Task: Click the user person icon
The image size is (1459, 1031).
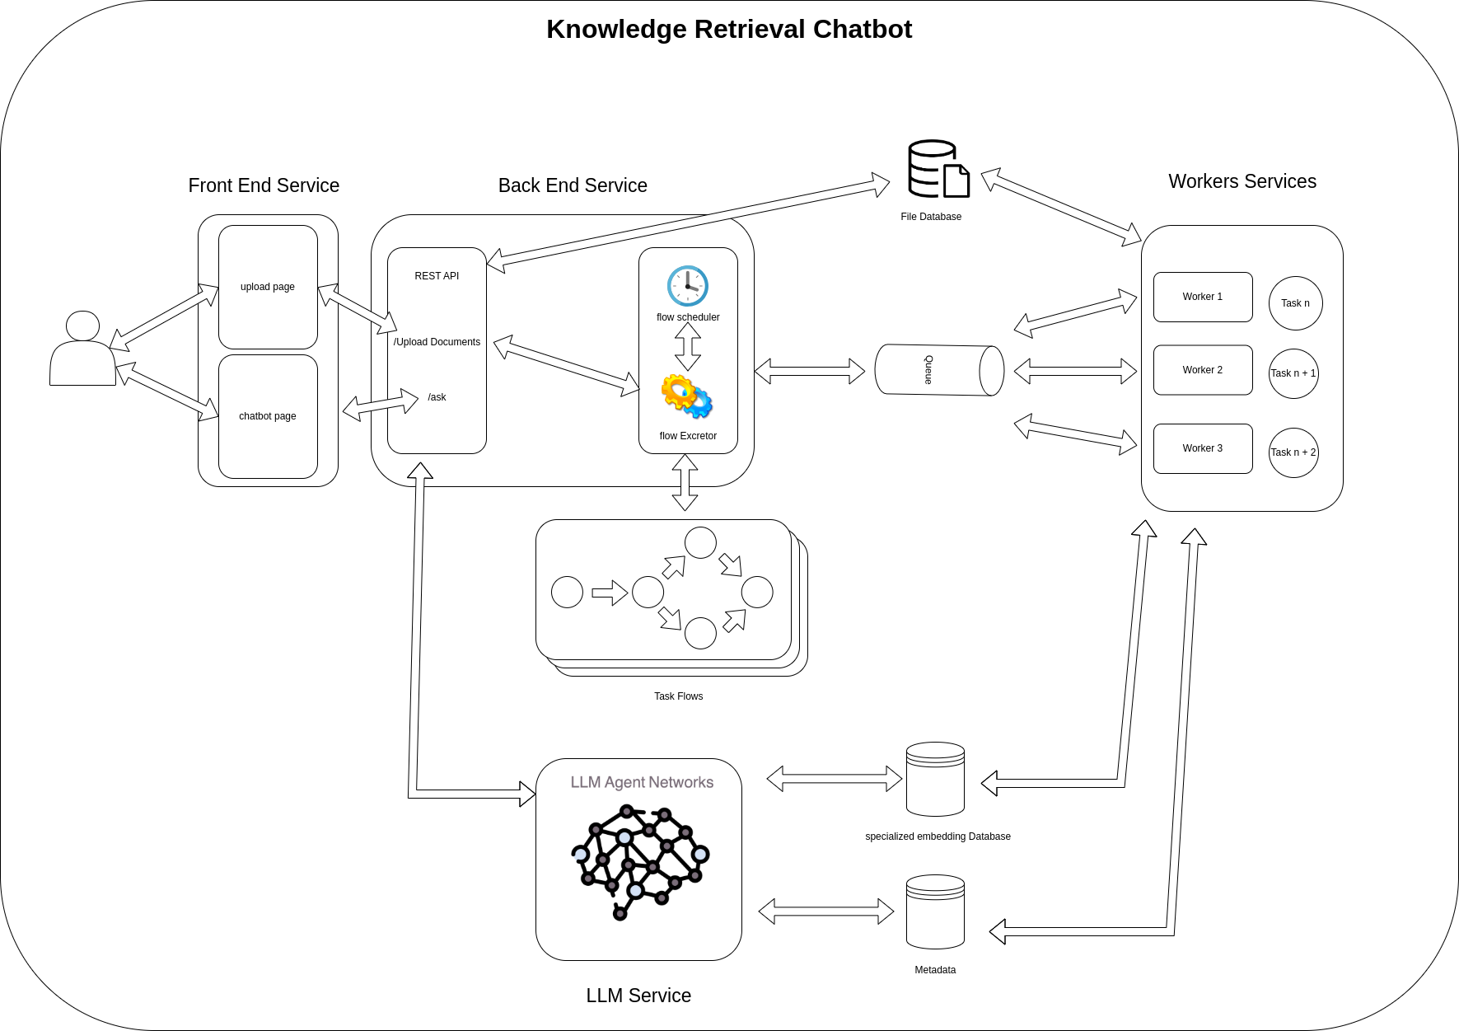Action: click(x=82, y=349)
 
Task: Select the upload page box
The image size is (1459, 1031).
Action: click(x=268, y=287)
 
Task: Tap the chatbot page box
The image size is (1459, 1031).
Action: click(x=268, y=416)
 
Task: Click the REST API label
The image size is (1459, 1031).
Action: click(x=437, y=276)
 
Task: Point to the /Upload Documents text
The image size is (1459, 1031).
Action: click(x=437, y=342)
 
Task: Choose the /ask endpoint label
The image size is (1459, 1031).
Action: click(x=437, y=397)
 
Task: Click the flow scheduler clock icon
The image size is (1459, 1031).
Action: click(x=688, y=286)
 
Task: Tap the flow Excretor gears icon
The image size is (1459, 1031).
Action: click(x=687, y=396)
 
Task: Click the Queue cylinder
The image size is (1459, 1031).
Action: click(x=939, y=370)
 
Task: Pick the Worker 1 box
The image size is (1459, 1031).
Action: click(x=1203, y=297)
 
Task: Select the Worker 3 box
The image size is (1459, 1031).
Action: click(x=1203, y=448)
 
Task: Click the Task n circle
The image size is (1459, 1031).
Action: click(x=1295, y=303)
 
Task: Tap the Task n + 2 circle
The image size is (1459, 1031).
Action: click(x=1293, y=452)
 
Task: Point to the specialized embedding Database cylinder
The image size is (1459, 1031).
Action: click(x=935, y=780)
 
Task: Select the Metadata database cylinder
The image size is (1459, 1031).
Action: click(x=935, y=912)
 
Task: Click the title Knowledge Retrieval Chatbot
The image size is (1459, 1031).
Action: click(x=729, y=29)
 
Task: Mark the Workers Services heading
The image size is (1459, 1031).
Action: click(x=1242, y=181)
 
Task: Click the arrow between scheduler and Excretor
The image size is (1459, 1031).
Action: click(x=688, y=346)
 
